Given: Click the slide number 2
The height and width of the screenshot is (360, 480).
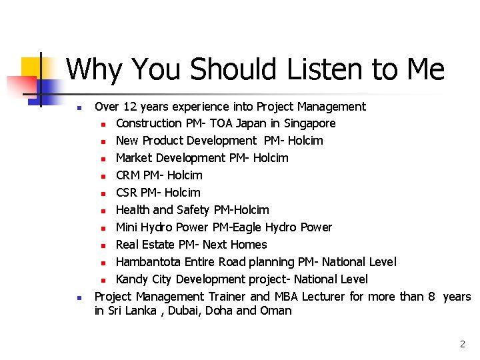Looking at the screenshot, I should [x=462, y=345].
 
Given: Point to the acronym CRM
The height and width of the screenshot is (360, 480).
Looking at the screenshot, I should [x=128, y=175].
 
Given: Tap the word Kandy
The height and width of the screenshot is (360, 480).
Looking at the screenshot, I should [x=131, y=279].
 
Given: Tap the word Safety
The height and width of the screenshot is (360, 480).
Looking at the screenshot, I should [x=193, y=210].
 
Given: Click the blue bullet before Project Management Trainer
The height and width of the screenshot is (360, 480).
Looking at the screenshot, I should [x=79, y=297].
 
